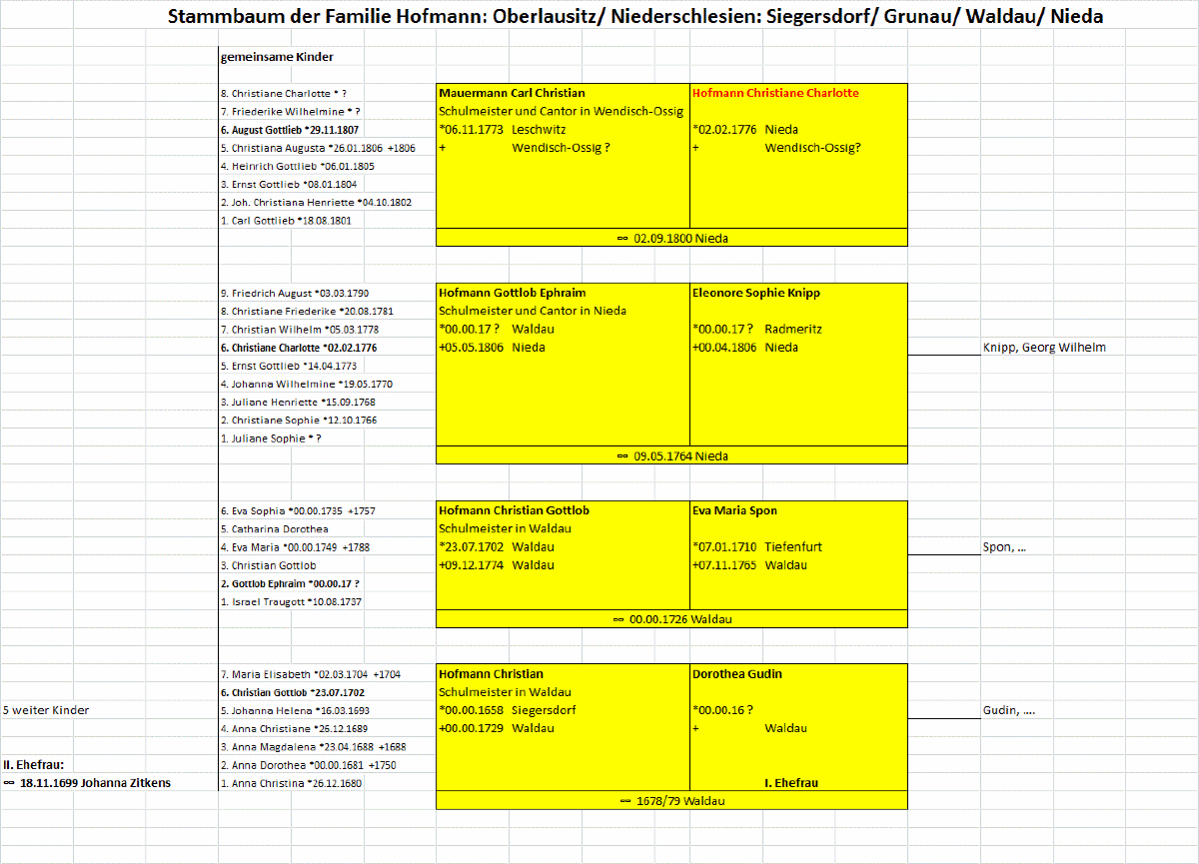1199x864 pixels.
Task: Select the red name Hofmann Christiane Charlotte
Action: [775, 93]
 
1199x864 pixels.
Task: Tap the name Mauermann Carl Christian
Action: [512, 93]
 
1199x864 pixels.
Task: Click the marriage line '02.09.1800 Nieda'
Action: [672, 239]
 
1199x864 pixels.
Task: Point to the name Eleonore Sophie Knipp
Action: [756, 293]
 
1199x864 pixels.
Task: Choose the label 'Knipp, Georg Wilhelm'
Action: [1044, 348]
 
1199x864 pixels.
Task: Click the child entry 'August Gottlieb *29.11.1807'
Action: [289, 130]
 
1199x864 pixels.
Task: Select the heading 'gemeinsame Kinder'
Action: [277, 57]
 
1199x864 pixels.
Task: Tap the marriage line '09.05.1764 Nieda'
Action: [672, 456]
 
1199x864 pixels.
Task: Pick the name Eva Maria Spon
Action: [734, 510]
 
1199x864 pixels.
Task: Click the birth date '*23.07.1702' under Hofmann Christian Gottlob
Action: [471, 547]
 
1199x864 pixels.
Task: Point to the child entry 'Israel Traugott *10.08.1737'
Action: [290, 601]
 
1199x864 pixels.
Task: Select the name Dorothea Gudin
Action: [737, 674]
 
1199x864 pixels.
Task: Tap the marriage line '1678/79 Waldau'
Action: [672, 801]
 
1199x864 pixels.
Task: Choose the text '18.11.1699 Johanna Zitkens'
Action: [95, 783]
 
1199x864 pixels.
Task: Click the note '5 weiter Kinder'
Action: [46, 710]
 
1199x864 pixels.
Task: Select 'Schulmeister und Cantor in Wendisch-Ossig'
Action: [561, 111]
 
